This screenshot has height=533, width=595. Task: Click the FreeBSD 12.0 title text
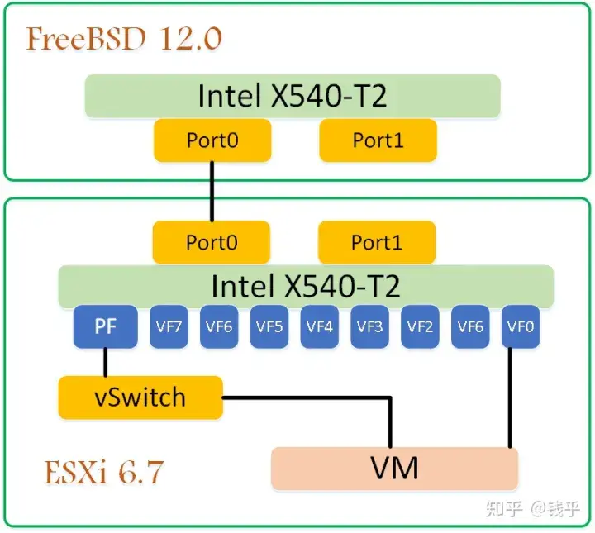[124, 38]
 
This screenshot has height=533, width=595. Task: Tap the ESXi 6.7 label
[103, 473]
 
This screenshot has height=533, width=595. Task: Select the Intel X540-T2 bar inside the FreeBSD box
[293, 96]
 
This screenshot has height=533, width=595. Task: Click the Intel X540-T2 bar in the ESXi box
[306, 286]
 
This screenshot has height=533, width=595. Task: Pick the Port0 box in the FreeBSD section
[212, 140]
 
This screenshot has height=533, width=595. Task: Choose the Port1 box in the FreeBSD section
[378, 140]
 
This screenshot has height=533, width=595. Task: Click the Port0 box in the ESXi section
[211, 243]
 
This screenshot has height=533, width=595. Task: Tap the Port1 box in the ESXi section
[376, 243]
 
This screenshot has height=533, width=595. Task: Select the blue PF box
[105, 327]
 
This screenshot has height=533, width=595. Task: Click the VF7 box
[168, 327]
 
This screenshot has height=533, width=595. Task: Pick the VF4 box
[319, 327]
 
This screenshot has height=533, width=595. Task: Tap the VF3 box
[369, 327]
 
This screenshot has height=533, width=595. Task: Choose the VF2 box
[420, 327]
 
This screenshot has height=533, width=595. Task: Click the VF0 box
[521, 327]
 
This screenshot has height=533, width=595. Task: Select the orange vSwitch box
[140, 397]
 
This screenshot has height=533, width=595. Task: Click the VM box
[394, 469]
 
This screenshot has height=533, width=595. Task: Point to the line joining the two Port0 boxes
[212, 192]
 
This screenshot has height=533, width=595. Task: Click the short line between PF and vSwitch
[106, 362]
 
